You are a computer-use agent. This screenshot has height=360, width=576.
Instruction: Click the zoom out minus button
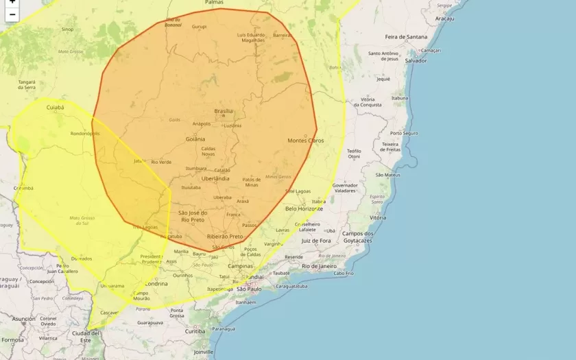click(x=12, y=14)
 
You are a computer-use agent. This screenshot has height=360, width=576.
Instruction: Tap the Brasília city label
click(x=224, y=111)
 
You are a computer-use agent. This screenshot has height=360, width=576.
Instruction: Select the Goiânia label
click(x=195, y=139)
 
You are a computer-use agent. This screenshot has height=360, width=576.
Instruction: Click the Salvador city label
click(x=416, y=60)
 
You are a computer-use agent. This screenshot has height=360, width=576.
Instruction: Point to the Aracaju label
click(x=444, y=19)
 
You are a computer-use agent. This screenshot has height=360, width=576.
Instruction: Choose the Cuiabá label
click(x=55, y=108)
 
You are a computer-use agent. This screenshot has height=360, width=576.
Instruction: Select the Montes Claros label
click(x=305, y=141)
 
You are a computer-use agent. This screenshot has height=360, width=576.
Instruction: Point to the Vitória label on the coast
click(x=378, y=217)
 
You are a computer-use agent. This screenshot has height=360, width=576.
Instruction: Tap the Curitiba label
click(x=195, y=331)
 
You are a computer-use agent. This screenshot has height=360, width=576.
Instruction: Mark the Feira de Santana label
click(x=405, y=36)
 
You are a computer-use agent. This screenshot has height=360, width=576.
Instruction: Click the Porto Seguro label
click(x=404, y=133)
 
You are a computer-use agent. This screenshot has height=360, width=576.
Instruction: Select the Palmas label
click(x=214, y=3)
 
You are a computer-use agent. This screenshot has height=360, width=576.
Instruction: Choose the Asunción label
click(x=23, y=319)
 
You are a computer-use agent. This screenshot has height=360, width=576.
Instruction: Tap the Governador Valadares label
click(x=345, y=188)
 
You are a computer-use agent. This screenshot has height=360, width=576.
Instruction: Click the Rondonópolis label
click(x=85, y=134)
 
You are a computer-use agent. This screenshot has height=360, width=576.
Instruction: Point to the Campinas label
click(x=241, y=266)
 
